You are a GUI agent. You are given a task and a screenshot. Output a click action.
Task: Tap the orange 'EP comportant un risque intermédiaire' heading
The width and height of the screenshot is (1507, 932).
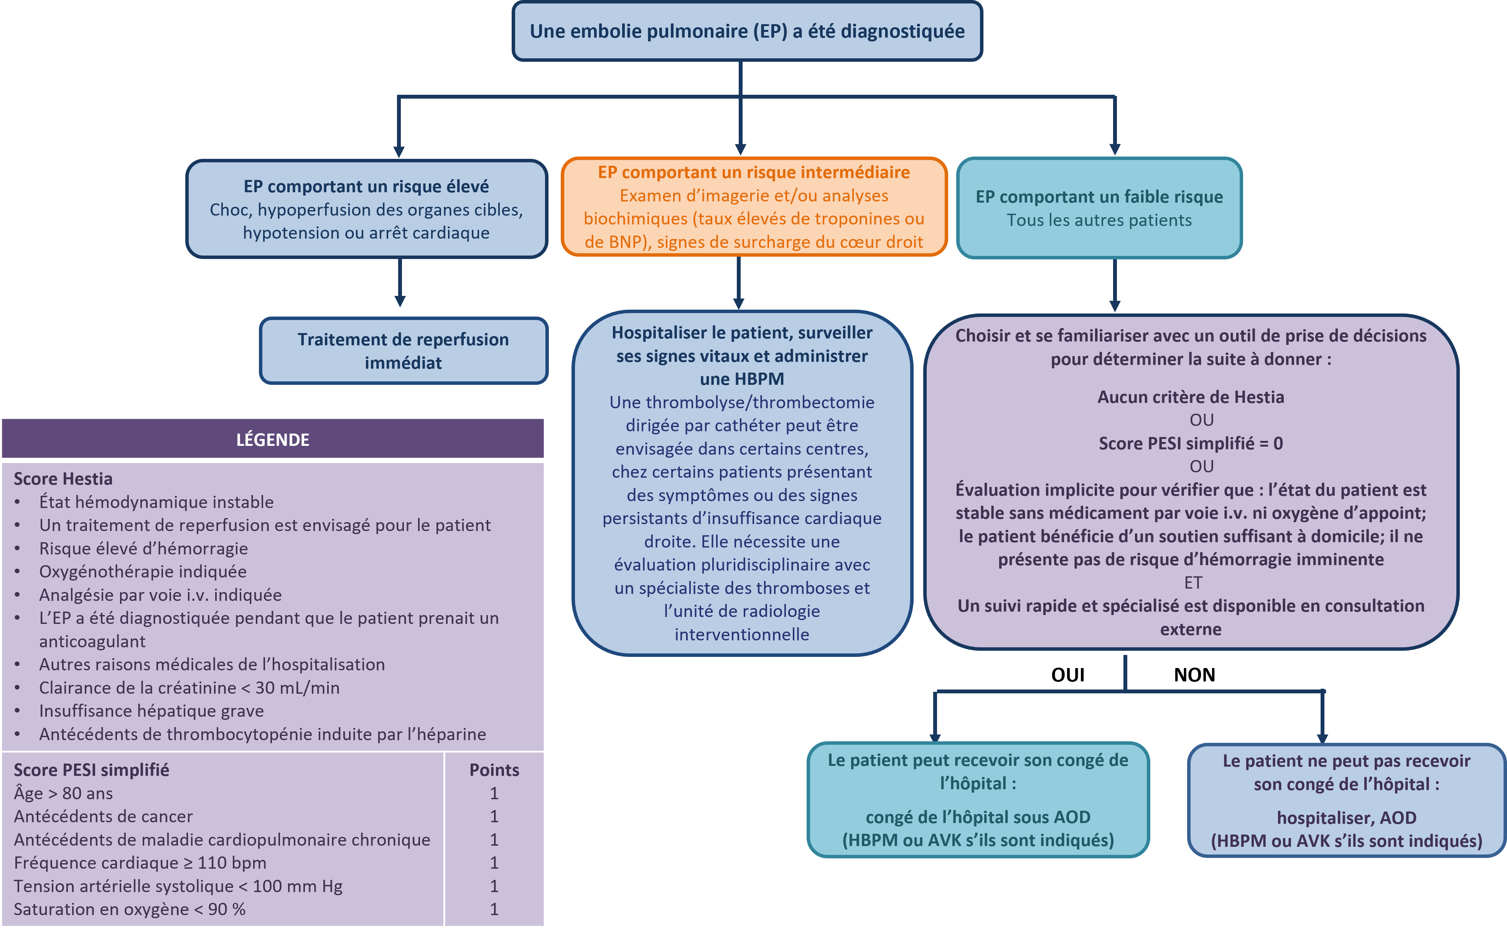pos(753,172)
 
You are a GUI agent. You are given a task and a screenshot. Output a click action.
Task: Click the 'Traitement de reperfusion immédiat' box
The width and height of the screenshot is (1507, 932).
pos(403,351)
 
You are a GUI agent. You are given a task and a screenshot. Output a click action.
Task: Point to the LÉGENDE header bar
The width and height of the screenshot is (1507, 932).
pos(273,439)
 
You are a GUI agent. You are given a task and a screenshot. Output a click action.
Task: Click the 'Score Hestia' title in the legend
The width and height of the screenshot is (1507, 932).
pos(63,479)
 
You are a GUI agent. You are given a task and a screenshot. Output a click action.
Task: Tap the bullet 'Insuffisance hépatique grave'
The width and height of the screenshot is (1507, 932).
pos(152,711)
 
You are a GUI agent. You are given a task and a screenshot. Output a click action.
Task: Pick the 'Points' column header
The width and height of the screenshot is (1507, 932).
pos(494,770)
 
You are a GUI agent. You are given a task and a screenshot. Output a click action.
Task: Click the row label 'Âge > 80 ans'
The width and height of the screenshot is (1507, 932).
pos(63,793)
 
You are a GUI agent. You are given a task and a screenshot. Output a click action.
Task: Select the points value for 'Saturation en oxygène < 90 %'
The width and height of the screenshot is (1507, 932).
pos(494,909)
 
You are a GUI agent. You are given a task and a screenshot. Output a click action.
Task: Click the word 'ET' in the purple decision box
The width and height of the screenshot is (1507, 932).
pos(1193,582)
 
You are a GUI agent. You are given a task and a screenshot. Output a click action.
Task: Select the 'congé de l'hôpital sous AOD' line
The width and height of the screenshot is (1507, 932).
pos(978,817)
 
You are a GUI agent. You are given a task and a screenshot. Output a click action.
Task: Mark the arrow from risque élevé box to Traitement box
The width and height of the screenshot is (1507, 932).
pos(400,282)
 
